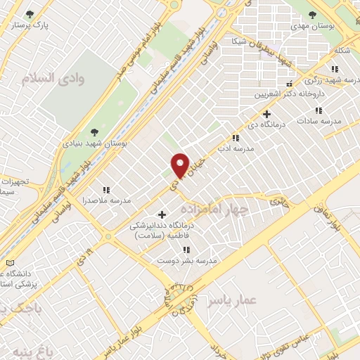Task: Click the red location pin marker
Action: pyautogui.click(x=180, y=165)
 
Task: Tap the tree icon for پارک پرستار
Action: pyautogui.click(x=30, y=13)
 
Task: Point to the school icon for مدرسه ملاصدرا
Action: pyautogui.click(x=106, y=190)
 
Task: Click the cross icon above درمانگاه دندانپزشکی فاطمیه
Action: pyautogui.click(x=162, y=214)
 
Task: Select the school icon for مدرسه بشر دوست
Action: pyautogui.click(x=186, y=250)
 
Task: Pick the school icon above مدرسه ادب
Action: pyautogui.click(x=236, y=139)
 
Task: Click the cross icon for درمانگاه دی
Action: pyautogui.click(x=266, y=114)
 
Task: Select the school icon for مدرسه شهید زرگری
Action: pyautogui.click(x=335, y=68)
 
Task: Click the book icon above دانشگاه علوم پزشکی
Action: pyautogui.click(x=9, y=263)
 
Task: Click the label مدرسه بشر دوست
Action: pyautogui.click(x=187, y=261)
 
